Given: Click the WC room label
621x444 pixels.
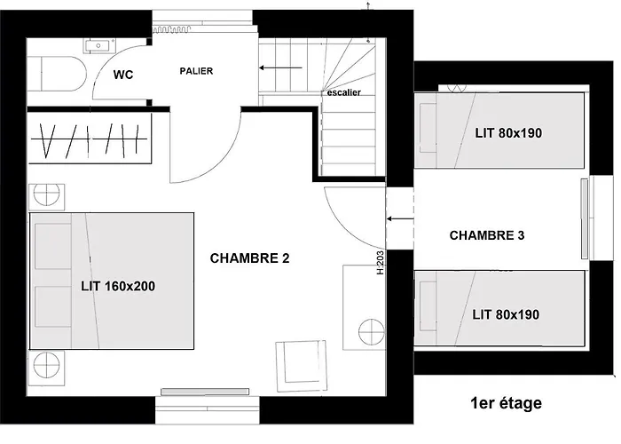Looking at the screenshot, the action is point(123,75).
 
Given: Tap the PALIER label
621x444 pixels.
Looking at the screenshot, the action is point(196,71).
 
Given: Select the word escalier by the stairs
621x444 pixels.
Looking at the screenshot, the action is point(344,92).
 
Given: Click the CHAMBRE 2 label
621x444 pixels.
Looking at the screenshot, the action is point(249,258).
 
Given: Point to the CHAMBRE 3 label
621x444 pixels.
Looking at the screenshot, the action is point(487,235).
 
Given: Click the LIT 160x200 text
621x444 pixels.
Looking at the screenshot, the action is point(118,286).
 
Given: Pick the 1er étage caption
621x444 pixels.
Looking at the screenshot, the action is point(507,403).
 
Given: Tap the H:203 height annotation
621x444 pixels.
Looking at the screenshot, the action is point(381,263).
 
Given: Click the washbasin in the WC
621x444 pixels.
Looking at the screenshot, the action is point(99,45).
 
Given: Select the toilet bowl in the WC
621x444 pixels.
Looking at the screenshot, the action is point(63,74).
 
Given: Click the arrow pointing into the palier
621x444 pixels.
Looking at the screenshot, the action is point(281,67).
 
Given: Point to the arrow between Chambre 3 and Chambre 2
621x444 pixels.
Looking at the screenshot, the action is point(400,218).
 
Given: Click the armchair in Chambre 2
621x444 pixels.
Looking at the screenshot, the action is point(302,366).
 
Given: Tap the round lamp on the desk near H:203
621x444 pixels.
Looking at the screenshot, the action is point(371,331).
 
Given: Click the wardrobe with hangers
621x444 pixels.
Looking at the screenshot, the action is point(89,139).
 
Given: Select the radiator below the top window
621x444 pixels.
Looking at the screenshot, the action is point(171,29).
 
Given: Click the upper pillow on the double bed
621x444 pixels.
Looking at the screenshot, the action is point(53,246).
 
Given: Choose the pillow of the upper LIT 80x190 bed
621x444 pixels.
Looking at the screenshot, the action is point(428,128).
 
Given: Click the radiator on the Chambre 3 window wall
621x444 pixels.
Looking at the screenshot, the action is point(584,218).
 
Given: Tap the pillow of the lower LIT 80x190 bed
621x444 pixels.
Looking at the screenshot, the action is point(428,306).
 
